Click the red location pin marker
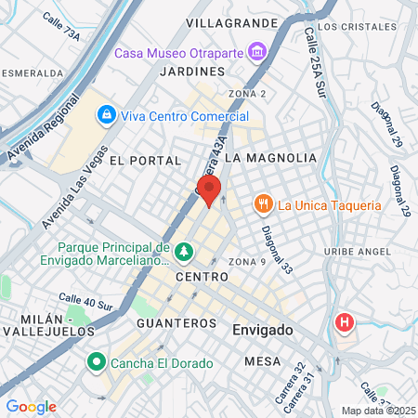[210, 190]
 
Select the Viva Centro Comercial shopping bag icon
[107, 115]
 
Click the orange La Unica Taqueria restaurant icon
[263, 204]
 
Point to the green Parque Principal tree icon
[184, 251]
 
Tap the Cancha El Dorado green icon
[95, 361]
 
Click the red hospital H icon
[345, 323]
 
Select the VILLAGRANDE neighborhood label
[231, 21]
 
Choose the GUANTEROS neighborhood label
[176, 322]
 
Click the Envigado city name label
[263, 330]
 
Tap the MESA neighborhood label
[263, 359]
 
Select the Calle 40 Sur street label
[85, 302]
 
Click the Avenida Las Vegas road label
[73, 194]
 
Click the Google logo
[31, 407]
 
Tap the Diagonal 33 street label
[276, 250]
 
